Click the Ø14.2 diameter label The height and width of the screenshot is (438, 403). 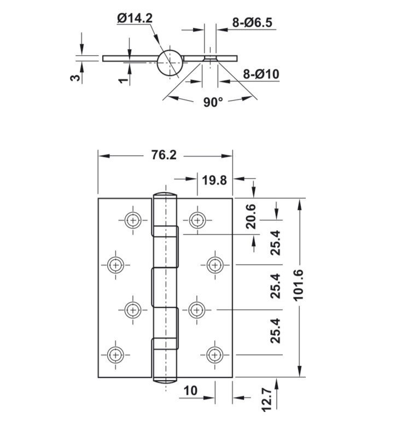[x=134, y=19]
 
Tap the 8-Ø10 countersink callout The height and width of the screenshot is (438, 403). [x=261, y=74]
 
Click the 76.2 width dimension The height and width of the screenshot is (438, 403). [x=163, y=155]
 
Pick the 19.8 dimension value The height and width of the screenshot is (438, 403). [x=214, y=180]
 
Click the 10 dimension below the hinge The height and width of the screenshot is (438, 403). [x=190, y=390]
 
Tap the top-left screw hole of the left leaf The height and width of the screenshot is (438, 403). [x=132, y=220]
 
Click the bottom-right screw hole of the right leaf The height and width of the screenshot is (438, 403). [x=213, y=354]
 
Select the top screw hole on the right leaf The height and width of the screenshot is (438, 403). [x=197, y=220]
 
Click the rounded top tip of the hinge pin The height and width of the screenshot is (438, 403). [x=165, y=195]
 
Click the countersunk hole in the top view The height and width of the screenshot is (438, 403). [x=210, y=58]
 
